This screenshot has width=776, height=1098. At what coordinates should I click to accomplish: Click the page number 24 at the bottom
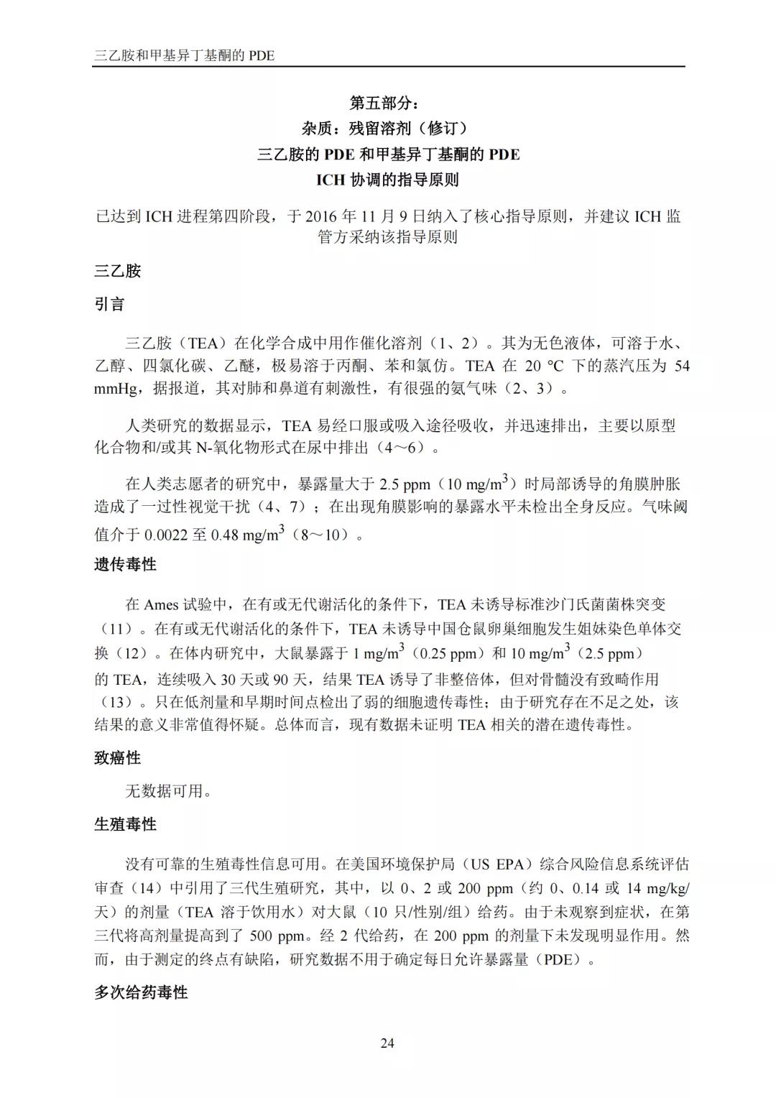387,1043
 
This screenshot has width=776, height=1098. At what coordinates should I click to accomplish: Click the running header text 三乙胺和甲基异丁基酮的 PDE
185,55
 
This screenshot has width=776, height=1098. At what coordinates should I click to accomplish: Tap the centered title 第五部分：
388,103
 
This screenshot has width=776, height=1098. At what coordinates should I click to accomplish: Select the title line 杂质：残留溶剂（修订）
388,129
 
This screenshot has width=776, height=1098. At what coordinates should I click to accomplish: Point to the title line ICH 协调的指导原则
388,180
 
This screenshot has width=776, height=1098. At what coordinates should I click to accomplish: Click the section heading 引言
109,305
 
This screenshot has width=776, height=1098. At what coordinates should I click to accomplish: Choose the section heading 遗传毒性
125,565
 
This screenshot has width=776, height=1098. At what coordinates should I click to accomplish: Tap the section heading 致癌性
117,758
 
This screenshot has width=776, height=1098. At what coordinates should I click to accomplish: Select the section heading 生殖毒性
125,825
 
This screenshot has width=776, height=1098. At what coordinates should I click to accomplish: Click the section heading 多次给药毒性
141,993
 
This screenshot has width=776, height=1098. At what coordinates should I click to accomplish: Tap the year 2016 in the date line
320,216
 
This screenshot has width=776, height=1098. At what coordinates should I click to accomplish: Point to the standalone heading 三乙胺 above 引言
117,271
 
